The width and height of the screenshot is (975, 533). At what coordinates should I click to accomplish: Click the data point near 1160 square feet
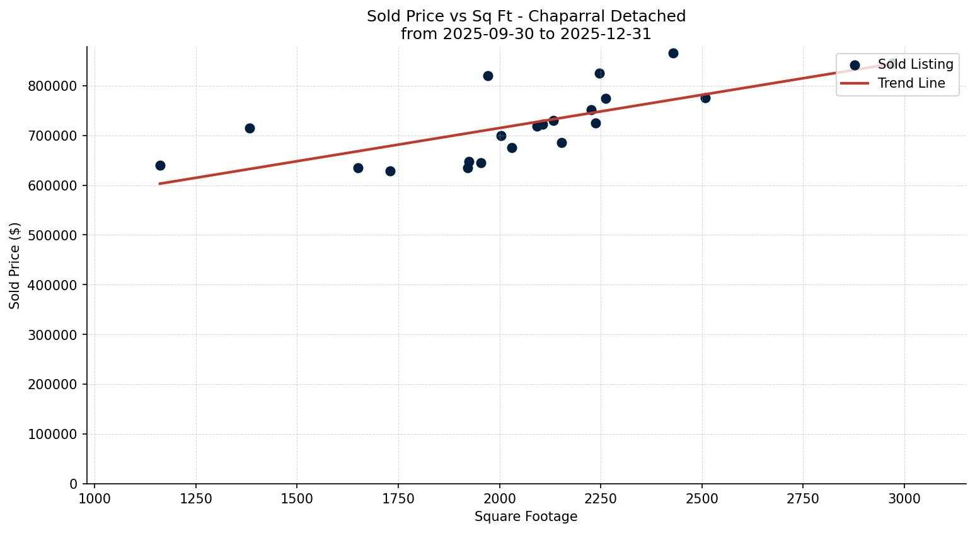click(160, 165)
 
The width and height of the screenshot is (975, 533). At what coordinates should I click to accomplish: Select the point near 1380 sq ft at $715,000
click(250, 128)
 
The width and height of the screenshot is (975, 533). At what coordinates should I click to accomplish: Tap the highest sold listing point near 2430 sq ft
click(673, 53)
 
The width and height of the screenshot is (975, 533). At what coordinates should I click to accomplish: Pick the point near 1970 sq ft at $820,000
click(488, 76)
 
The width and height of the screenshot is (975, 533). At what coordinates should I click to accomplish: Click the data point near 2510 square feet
click(705, 98)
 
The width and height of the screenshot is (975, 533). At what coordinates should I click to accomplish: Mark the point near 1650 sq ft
click(358, 168)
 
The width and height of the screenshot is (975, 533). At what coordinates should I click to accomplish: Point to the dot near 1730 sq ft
click(390, 171)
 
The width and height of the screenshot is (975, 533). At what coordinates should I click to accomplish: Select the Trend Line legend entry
click(911, 83)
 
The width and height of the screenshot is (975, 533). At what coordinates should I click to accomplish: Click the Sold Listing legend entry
click(915, 64)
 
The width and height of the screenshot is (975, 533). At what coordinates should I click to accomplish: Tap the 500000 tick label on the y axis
click(53, 235)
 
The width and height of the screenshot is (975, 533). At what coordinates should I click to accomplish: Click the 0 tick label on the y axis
click(74, 484)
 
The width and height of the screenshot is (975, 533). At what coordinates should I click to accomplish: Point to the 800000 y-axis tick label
click(53, 86)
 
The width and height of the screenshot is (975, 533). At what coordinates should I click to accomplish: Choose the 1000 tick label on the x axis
click(95, 499)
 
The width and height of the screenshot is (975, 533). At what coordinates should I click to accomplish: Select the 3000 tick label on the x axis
click(904, 499)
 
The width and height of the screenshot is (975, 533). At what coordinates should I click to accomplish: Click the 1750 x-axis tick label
click(398, 499)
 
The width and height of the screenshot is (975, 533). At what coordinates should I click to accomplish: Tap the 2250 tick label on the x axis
click(601, 499)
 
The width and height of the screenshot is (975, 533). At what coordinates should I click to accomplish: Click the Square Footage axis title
click(526, 517)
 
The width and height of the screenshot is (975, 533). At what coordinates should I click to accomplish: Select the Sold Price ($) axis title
click(14, 266)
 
